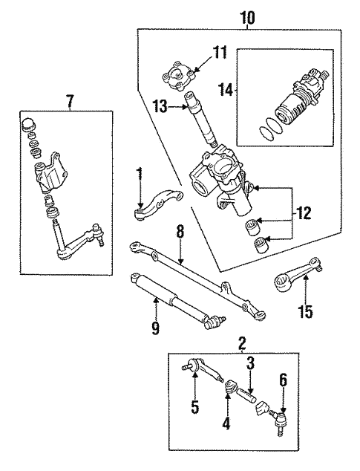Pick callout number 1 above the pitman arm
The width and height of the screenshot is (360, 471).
tap(138, 175)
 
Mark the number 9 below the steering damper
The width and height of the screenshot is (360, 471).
tap(154, 328)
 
